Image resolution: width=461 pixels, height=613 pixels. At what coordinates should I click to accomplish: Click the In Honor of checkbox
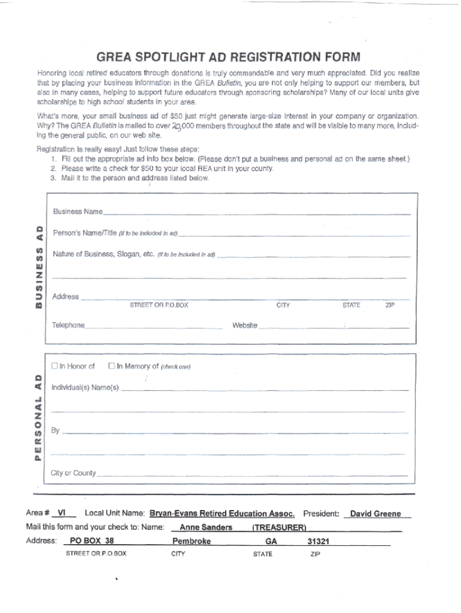54,366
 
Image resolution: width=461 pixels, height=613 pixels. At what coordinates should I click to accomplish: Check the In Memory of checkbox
111,366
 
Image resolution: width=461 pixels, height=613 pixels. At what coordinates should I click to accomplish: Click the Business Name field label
77,211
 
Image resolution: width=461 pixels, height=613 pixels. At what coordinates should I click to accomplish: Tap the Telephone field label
68,326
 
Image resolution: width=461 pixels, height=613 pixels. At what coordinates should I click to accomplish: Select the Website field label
245,326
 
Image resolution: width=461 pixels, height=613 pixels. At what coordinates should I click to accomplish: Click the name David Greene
375,514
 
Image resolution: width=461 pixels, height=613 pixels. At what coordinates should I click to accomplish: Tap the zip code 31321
319,541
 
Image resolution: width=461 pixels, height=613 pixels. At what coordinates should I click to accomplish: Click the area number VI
62,514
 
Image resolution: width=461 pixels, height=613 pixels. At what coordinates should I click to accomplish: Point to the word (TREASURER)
279,527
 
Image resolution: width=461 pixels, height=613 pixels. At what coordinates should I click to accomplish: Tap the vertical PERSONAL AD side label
38,417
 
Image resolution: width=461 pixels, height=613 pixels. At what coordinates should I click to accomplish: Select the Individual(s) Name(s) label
85,387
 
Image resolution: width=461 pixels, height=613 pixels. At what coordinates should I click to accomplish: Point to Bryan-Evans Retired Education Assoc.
222,514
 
